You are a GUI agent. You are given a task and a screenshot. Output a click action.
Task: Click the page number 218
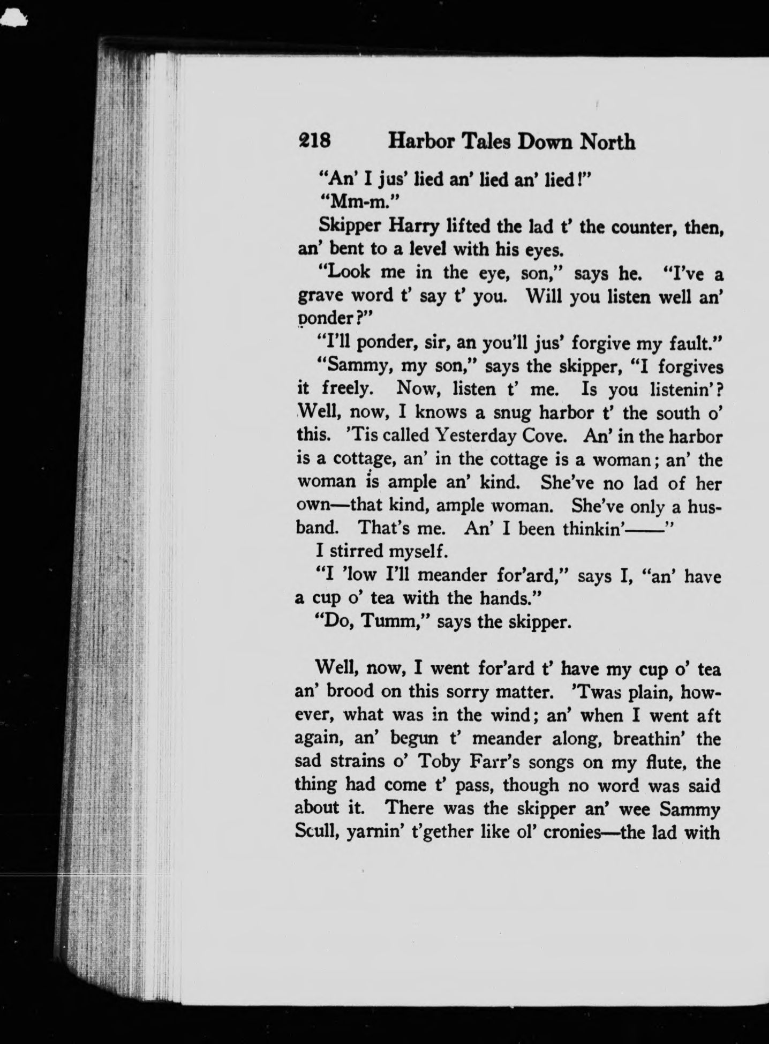pyautogui.click(x=315, y=141)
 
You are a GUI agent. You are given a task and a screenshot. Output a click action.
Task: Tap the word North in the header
pyautogui.click(x=608, y=141)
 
